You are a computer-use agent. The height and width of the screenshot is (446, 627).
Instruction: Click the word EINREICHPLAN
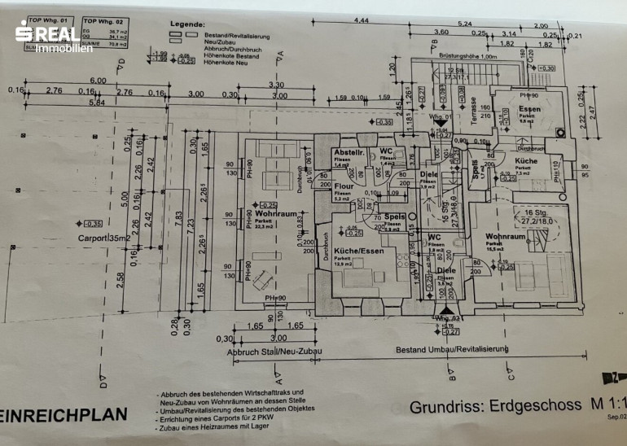tap(65, 414)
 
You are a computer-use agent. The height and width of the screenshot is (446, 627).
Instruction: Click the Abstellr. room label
tap(348, 153)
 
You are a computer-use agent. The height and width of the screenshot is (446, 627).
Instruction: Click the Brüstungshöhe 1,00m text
tap(467, 56)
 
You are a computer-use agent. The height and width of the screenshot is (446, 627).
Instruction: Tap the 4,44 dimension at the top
tap(362, 19)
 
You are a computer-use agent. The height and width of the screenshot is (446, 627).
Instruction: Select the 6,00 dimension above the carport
tap(99, 81)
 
